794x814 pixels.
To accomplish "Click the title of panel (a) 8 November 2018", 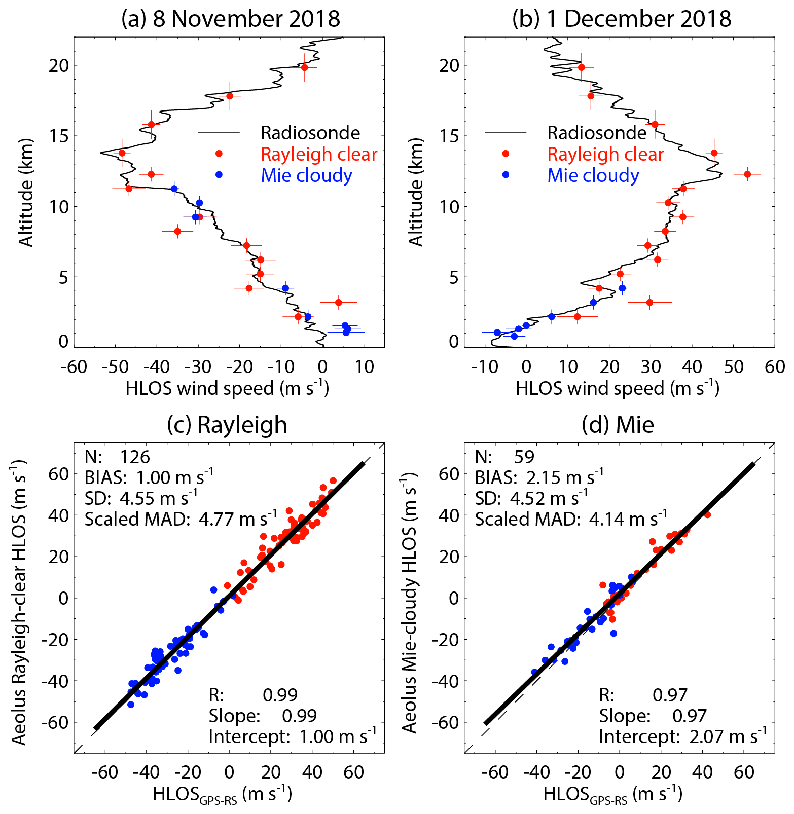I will pyautogui.click(x=231, y=19).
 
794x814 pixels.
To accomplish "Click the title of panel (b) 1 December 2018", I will pyautogui.click(x=622, y=19).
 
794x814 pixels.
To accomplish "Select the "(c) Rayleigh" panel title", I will pyautogui.click(x=227, y=424).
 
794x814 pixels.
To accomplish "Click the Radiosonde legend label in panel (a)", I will pyautogui.click(x=310, y=133).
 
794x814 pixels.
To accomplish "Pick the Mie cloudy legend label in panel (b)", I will pyautogui.click(x=593, y=175).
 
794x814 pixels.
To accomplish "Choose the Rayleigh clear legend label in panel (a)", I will pyautogui.click(x=319, y=154).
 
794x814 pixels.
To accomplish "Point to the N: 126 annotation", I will pyautogui.click(x=118, y=457).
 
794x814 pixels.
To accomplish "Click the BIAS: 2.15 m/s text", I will pyautogui.click(x=539, y=477).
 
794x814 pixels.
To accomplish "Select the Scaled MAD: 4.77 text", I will pyautogui.click(x=181, y=519).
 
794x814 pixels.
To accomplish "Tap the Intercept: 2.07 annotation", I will pyautogui.click(x=682, y=736).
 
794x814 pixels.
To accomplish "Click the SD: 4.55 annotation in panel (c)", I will pyautogui.click(x=141, y=498).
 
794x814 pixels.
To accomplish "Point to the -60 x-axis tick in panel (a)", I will pyautogui.click(x=74, y=366).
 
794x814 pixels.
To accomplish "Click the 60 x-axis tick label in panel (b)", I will pyautogui.click(x=775, y=366).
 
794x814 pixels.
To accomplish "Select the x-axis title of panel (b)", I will pyautogui.click(x=618, y=389).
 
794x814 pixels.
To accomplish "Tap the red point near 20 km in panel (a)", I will pyautogui.click(x=304, y=67).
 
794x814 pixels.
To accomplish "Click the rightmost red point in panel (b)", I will pyautogui.click(x=747, y=174).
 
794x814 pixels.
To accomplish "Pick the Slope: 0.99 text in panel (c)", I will pyautogui.click(x=263, y=716).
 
